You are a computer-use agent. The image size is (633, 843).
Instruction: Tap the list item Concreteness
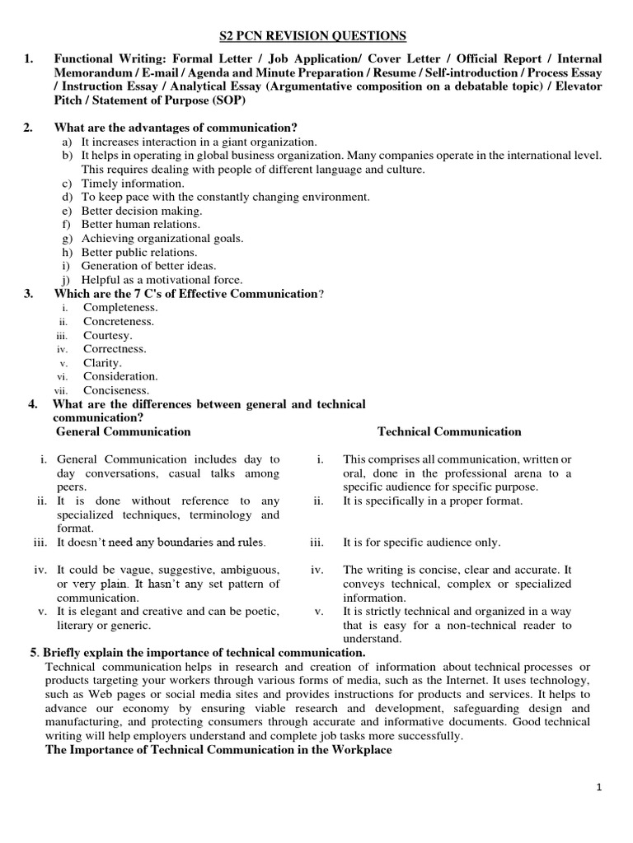(119, 321)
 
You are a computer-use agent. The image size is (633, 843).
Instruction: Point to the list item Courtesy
(107, 335)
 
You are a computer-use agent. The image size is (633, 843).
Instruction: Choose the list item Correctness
(115, 348)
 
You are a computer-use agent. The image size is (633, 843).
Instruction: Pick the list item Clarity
(102, 362)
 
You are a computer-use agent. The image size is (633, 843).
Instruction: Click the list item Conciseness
(116, 389)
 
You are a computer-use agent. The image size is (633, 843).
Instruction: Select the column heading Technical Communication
(449, 431)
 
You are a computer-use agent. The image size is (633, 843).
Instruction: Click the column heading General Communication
(123, 431)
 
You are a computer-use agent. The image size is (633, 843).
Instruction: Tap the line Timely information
(133, 184)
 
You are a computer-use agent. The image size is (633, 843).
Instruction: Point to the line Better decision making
(141, 211)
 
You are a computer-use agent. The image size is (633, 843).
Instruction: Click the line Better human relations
(140, 225)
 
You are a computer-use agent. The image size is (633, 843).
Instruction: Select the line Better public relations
(139, 252)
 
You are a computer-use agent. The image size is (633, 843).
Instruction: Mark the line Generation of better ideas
(148, 266)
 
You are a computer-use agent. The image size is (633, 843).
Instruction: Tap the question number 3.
(28, 294)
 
